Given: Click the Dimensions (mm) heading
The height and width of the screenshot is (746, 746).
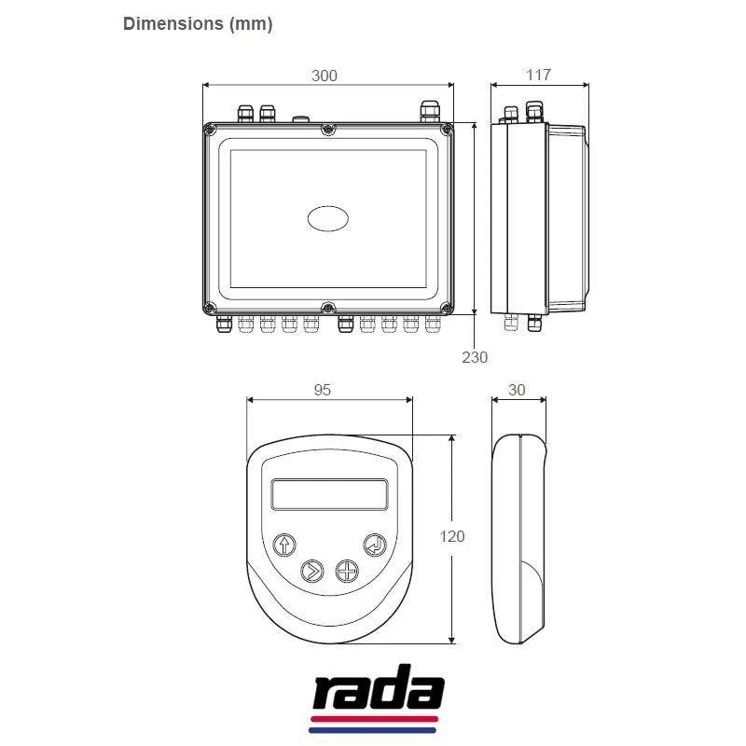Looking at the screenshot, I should [x=198, y=25].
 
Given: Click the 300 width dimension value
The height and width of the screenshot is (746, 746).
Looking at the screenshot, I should [x=324, y=76].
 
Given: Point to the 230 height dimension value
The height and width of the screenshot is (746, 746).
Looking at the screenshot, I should [x=475, y=356].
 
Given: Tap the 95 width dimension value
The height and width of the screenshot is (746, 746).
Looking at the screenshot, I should [x=323, y=390].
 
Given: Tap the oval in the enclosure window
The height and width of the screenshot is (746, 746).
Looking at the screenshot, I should [x=329, y=217].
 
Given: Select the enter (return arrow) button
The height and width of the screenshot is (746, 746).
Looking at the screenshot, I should [x=375, y=545].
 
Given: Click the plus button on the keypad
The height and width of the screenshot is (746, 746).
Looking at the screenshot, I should [x=347, y=570].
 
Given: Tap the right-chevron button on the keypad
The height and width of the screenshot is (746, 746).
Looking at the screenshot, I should [x=311, y=570].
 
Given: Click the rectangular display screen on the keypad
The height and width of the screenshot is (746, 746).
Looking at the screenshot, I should [x=329, y=493].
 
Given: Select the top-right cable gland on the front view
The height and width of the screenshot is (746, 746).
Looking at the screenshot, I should [x=429, y=111].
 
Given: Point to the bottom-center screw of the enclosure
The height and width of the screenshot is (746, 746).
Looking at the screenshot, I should [x=327, y=308].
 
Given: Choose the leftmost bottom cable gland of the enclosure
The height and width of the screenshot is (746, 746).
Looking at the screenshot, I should [x=224, y=325].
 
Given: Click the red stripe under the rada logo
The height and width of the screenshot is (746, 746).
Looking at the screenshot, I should [x=376, y=721].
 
